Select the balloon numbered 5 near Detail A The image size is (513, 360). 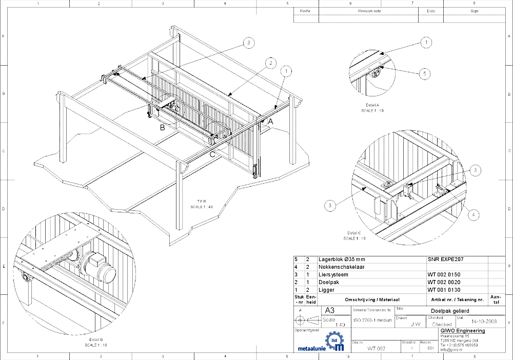(424, 74)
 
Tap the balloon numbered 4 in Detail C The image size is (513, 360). (474, 214)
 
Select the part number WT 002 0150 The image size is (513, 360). (444, 275)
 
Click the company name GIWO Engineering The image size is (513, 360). (463, 331)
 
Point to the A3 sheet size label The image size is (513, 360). (329, 310)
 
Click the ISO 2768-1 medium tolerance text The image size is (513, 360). (371, 321)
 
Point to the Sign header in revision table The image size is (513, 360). (474, 10)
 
